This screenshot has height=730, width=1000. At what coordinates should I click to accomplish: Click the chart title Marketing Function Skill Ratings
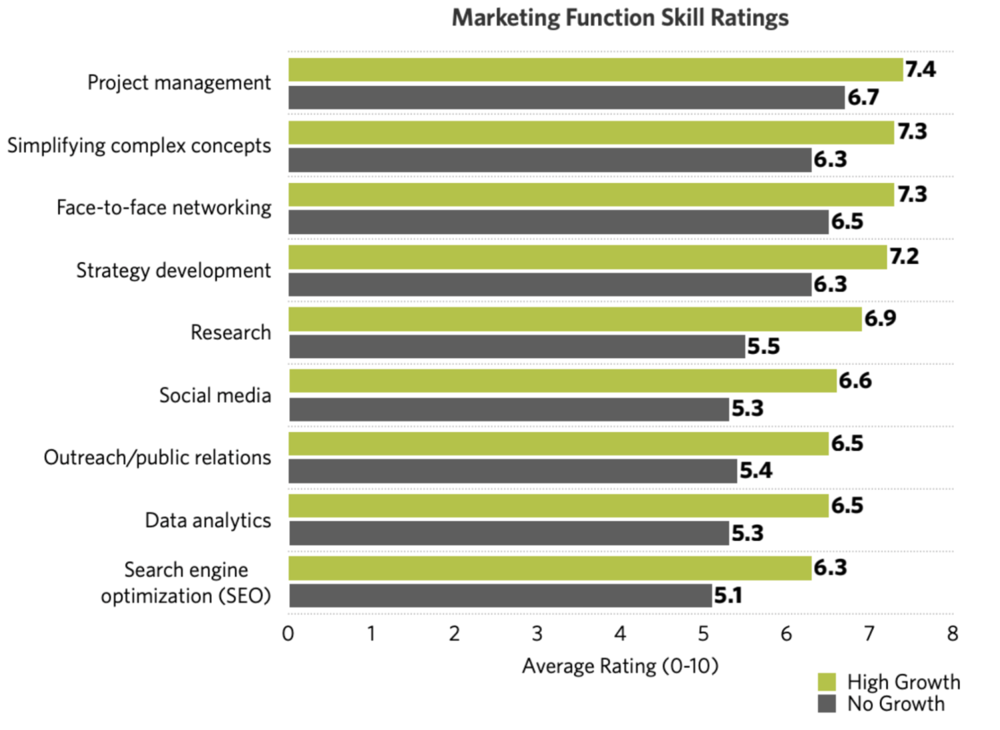pyautogui.click(x=620, y=18)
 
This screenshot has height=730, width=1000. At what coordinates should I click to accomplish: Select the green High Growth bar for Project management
pyautogui.click(x=595, y=70)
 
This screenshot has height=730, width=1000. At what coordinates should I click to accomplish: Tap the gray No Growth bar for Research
pyautogui.click(x=517, y=347)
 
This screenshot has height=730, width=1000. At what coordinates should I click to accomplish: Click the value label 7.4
pyautogui.click(x=921, y=69)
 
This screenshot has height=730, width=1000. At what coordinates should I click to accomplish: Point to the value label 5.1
pyautogui.click(x=728, y=595)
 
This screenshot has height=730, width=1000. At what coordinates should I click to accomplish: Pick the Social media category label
pyautogui.click(x=215, y=395)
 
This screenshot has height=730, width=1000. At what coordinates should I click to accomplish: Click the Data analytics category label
pyautogui.click(x=208, y=520)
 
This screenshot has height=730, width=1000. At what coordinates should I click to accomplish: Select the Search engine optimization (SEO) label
pyautogui.click(x=186, y=583)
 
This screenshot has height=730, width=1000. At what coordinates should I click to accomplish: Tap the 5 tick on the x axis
pyautogui.click(x=703, y=634)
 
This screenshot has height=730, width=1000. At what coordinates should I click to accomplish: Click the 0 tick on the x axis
pyautogui.click(x=288, y=634)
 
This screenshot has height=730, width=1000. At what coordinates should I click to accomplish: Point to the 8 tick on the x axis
pyautogui.click(x=953, y=634)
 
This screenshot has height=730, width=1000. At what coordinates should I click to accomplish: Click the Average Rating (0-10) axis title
pyautogui.click(x=620, y=666)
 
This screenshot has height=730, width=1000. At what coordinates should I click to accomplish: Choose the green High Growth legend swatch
pyautogui.click(x=827, y=682)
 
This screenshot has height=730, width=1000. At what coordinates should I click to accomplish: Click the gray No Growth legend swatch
pyautogui.click(x=827, y=704)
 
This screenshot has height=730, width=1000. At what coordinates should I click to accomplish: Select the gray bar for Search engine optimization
pyautogui.click(x=500, y=596)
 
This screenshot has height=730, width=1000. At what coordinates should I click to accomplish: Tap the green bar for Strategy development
pyautogui.click(x=587, y=257)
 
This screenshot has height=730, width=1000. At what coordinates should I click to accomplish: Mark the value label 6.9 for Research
pyautogui.click(x=880, y=319)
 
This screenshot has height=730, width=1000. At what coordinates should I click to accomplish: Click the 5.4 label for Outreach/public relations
pyautogui.click(x=755, y=471)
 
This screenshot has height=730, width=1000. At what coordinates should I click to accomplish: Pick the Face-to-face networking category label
pyautogui.click(x=164, y=208)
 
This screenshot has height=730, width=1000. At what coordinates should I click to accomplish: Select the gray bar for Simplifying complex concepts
pyautogui.click(x=550, y=160)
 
